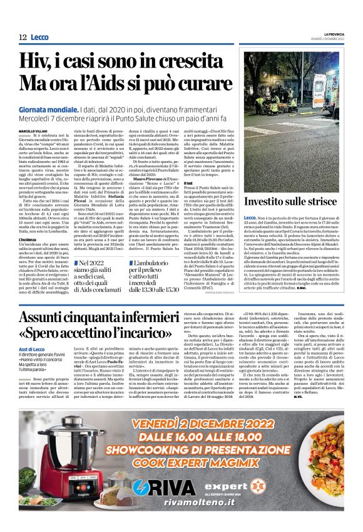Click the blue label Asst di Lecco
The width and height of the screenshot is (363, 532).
(x=32, y=349)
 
